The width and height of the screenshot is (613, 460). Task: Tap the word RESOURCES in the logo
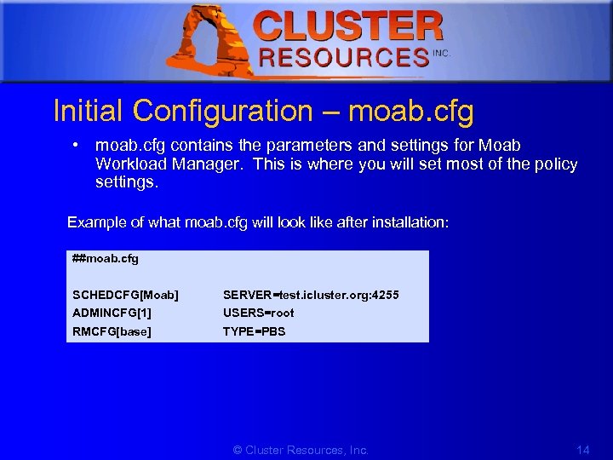click(343, 58)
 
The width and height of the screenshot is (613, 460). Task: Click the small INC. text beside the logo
click(441, 53)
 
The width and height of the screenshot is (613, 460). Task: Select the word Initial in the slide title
click(88, 111)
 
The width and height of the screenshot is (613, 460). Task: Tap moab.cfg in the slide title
click(411, 111)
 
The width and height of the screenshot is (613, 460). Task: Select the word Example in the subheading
click(96, 222)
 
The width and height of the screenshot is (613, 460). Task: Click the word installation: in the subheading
click(405, 222)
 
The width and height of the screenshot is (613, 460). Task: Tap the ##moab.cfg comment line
click(106, 258)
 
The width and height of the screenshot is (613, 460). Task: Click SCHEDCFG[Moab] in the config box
click(125, 295)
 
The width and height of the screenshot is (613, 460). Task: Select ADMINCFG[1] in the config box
click(112, 313)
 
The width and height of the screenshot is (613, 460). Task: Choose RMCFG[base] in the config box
click(112, 331)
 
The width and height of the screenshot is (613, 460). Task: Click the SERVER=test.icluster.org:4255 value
click(311, 295)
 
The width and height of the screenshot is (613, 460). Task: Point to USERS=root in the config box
click(258, 313)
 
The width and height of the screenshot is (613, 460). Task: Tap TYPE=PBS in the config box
click(254, 331)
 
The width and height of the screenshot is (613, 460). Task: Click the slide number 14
click(582, 450)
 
